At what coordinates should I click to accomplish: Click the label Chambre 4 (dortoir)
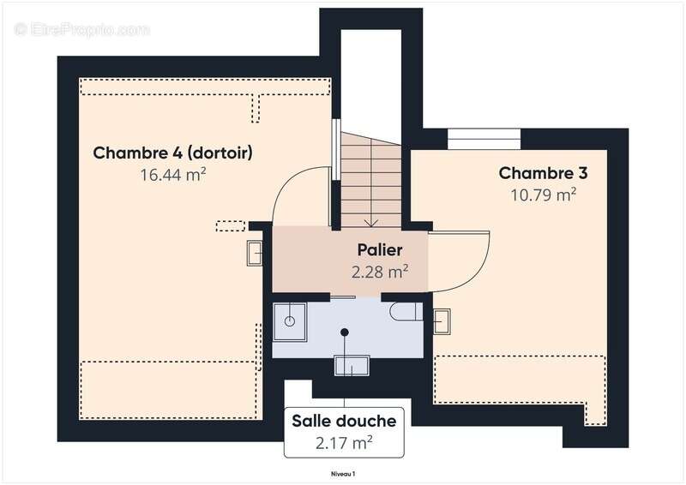coord(172,153)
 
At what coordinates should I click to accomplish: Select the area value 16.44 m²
coord(172,175)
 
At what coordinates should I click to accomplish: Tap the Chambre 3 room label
coord(543,173)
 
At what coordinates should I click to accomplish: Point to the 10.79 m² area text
coord(543,195)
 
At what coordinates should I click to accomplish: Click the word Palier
coord(380,251)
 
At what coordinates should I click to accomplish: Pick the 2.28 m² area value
coord(380,272)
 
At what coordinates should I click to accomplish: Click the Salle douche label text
coord(344,421)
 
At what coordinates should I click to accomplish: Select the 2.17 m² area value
coord(344,443)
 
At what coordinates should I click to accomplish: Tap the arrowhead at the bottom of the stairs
coord(370,223)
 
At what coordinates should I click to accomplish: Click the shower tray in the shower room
coord(290,318)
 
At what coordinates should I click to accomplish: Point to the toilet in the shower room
coord(403,310)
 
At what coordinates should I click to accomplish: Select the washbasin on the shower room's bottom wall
coord(352,365)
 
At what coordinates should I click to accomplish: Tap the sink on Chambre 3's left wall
coord(442,320)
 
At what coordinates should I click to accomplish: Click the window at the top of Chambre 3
coord(484,139)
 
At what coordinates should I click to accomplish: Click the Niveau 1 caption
coord(343,473)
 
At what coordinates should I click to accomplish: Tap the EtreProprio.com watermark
coord(81,30)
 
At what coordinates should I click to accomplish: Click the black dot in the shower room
coord(345,332)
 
